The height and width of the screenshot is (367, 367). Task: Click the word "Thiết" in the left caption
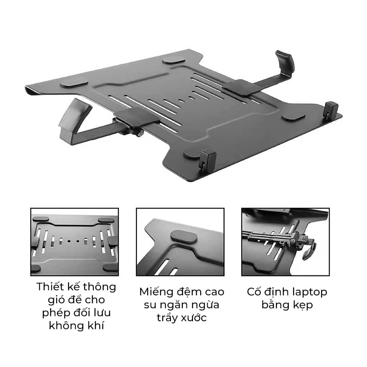click(x=50, y=287)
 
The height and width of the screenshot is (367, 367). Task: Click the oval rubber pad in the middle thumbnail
click(x=184, y=237)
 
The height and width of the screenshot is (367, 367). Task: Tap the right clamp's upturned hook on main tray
click(x=285, y=63)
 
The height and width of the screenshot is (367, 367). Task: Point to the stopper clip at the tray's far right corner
click(x=331, y=109)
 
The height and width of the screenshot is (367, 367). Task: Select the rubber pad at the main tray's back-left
click(x=74, y=84)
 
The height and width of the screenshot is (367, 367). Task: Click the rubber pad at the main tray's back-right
click(x=174, y=60)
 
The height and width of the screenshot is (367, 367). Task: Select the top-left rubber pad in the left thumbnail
click(x=41, y=219)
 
